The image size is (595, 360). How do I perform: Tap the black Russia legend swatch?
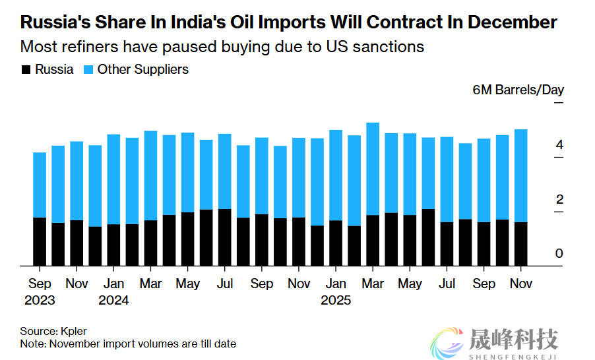[26, 69]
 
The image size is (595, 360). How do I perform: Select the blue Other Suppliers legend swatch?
[88, 69]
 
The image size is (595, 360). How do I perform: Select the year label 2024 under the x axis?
[113, 300]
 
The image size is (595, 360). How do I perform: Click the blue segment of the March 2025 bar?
[373, 168]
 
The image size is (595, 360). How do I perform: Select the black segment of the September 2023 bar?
[40, 241]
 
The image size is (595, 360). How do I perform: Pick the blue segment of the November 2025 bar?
[520, 175]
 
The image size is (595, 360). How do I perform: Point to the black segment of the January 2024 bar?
[113, 245]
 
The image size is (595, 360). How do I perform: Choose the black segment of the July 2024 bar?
[225, 237]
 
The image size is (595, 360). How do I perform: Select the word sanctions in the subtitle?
[389, 47]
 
